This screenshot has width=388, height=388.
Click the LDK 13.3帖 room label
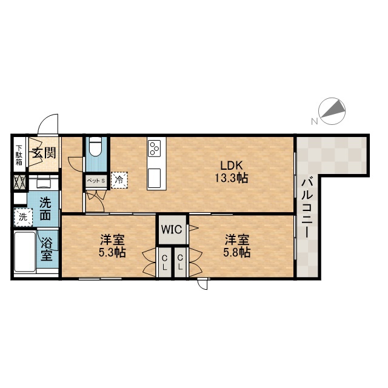click(x=231, y=171)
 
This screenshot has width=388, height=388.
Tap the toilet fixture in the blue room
click(x=96, y=146)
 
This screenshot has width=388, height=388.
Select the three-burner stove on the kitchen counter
click(x=154, y=148)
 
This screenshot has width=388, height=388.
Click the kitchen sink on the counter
click(x=154, y=178)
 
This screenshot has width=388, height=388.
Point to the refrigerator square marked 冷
click(x=119, y=180)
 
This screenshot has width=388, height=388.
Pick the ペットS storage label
click(x=96, y=181)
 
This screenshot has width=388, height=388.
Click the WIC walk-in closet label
click(x=172, y=229)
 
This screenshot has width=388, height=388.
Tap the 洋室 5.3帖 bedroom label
click(x=112, y=246)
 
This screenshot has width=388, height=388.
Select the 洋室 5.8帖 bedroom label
click(x=237, y=246)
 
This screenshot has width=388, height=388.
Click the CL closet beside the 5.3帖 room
click(x=164, y=263)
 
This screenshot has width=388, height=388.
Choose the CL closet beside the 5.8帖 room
click(x=180, y=263)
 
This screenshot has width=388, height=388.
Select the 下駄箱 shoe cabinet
click(x=19, y=154)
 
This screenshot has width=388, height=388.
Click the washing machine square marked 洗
click(x=23, y=217)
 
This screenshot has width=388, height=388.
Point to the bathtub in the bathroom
click(x=25, y=252)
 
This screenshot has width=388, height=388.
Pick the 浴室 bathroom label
click(x=47, y=249)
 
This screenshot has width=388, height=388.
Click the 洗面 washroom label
click(x=45, y=209)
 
